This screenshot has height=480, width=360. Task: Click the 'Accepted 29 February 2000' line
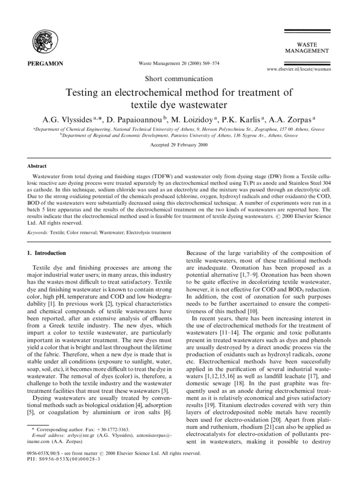pos(180,145)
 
